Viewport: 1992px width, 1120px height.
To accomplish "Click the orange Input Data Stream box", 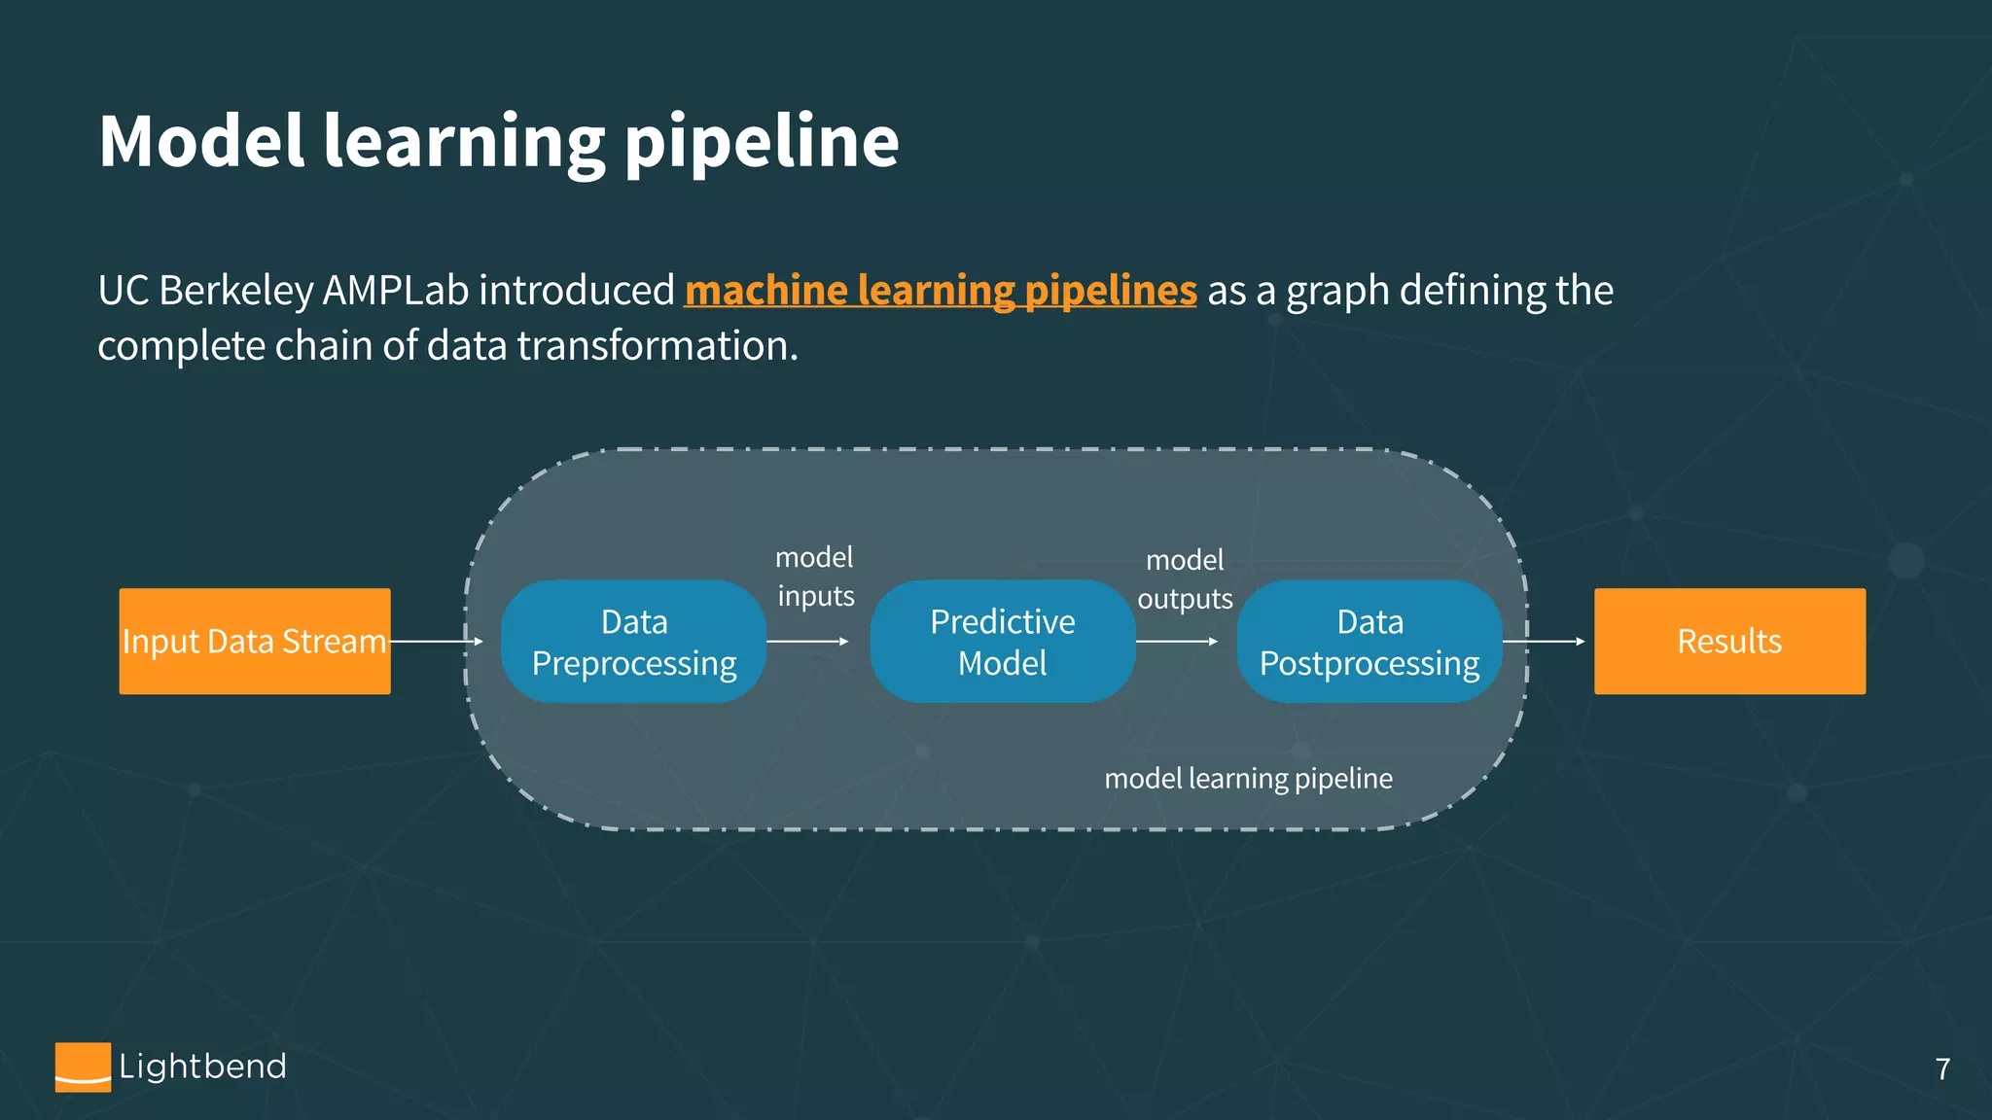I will tap(254, 641).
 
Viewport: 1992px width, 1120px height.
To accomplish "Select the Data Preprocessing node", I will tap(633, 642).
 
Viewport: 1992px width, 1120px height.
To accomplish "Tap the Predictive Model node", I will tap(1002, 642).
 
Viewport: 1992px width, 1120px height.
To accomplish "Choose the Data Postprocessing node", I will tap(1369, 642).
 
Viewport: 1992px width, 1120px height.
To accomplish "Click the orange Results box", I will tap(1729, 641).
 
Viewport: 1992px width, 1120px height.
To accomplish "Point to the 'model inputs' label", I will tap(815, 577).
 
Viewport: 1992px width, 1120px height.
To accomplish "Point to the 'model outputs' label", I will tap(1185, 579).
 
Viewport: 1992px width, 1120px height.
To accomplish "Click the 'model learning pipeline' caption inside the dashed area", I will tap(1248, 779).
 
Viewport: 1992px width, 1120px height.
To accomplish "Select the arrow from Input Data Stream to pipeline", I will tap(436, 642).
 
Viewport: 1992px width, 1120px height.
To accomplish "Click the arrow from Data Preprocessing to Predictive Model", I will tap(807, 642).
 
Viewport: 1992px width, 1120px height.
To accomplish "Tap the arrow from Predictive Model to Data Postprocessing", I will tap(1177, 642).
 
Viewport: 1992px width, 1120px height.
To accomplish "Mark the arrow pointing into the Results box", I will tap(1544, 642).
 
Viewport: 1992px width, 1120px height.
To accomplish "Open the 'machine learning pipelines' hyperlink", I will tap(941, 291).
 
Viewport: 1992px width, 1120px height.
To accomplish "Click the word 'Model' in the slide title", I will tap(201, 142).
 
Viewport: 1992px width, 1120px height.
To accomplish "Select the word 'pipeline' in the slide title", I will tap(761, 142).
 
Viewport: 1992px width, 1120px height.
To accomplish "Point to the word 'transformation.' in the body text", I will tap(658, 346).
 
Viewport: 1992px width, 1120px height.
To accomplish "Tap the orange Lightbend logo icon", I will tap(83, 1067).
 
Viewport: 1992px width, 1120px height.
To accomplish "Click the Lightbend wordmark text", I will tap(202, 1067).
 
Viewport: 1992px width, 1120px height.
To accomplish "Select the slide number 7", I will tap(1942, 1069).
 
